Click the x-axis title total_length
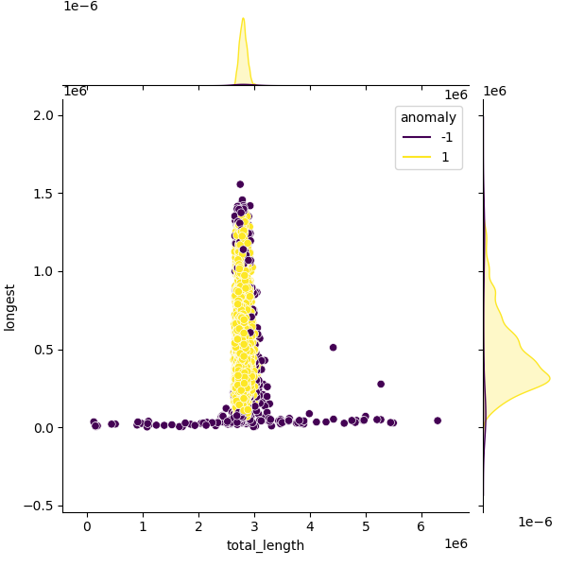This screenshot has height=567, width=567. [x=265, y=545]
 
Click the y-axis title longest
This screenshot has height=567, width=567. [x=9, y=308]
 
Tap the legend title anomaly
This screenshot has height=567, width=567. [x=428, y=117]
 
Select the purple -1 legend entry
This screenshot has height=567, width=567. [x=428, y=137]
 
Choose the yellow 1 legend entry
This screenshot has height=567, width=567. [x=426, y=157]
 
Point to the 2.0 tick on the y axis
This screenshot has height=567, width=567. [x=43, y=115]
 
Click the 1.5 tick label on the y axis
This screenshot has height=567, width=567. [x=43, y=194]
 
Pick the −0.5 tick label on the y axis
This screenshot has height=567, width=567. [x=39, y=506]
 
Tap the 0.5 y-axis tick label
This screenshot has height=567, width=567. [x=43, y=350]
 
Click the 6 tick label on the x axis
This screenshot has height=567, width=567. [x=421, y=526]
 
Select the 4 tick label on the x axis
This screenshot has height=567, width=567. [x=310, y=526]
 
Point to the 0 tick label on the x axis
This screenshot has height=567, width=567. [x=87, y=526]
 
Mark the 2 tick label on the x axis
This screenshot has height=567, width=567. [x=198, y=526]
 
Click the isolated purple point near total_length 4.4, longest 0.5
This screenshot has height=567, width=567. [x=333, y=348]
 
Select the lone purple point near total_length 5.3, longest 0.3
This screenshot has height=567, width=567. [x=381, y=384]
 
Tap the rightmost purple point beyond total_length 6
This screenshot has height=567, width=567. [x=438, y=421]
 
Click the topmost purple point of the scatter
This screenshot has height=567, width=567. [x=240, y=184]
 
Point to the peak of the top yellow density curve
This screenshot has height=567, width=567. [x=244, y=18]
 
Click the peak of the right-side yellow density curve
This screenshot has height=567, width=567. [x=550, y=379]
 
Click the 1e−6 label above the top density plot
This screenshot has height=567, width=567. [x=80, y=7]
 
